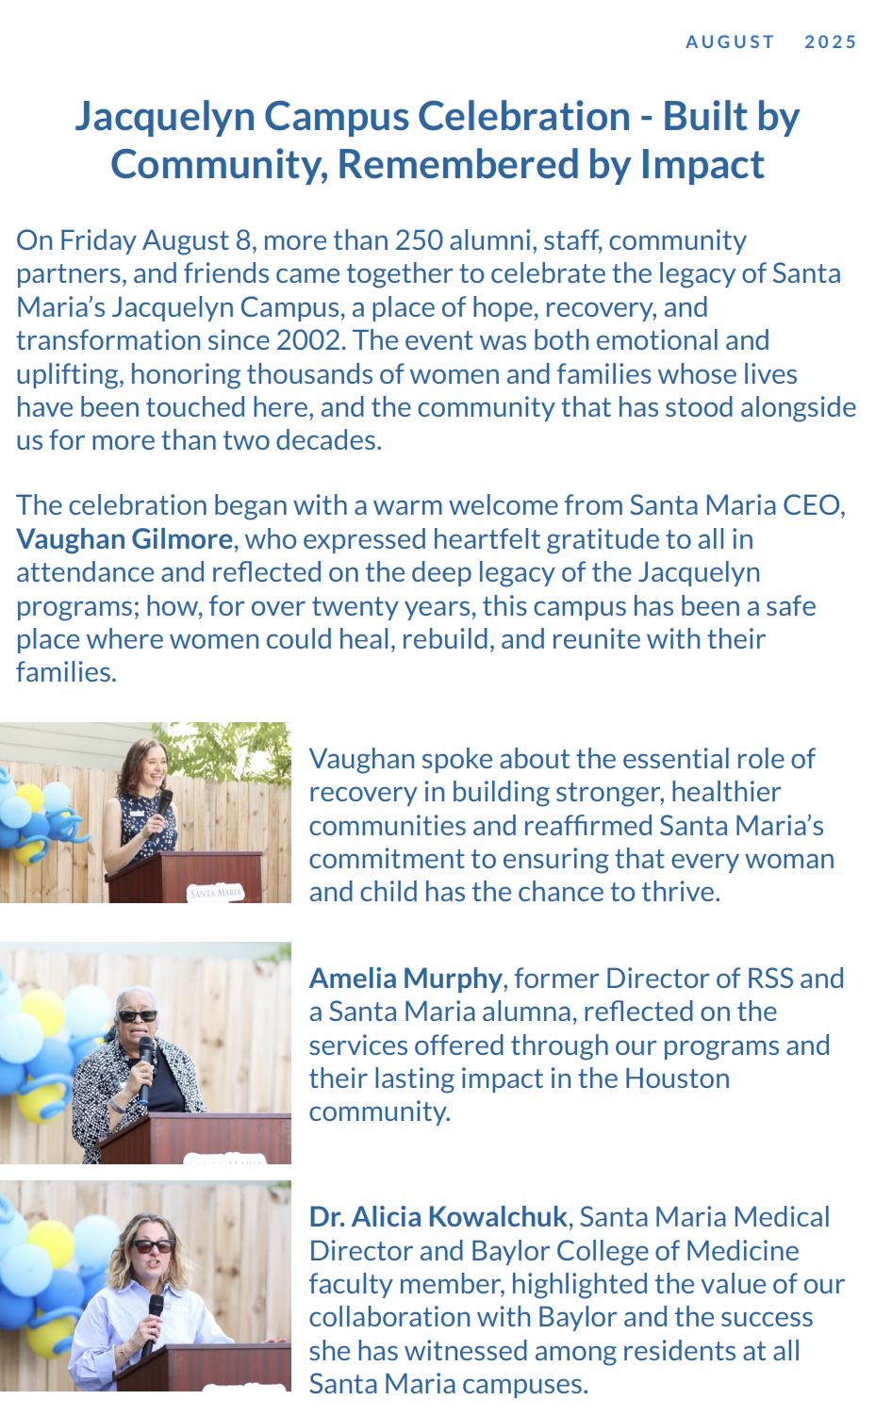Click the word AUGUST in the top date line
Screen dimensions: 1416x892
[x=730, y=41]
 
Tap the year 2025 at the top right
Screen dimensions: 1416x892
[x=830, y=41]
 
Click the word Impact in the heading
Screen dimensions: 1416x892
[x=702, y=165]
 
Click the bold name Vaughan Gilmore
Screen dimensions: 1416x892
[x=124, y=539]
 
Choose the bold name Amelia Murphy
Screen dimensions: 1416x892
[x=405, y=979]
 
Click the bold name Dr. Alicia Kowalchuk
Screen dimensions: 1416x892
[x=438, y=1217]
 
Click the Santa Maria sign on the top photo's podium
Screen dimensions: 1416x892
[x=216, y=891]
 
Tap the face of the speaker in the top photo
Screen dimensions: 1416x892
[x=154, y=765]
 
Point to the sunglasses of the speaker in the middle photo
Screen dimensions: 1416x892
[x=138, y=1016]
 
